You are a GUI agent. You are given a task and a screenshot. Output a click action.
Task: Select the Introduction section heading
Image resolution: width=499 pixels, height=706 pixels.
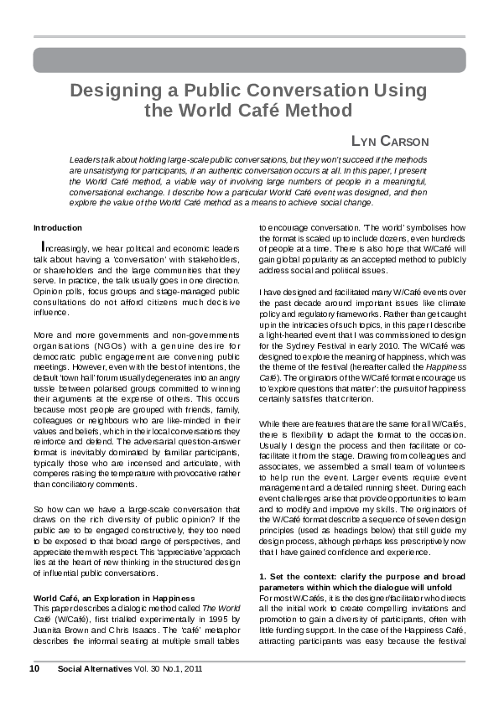click(57, 227)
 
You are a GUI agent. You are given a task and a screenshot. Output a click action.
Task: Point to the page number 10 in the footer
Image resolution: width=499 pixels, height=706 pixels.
click(34, 668)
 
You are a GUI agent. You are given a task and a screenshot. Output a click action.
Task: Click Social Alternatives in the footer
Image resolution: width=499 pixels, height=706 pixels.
click(91, 668)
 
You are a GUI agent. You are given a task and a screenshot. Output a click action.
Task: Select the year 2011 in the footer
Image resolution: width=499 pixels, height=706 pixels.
click(192, 668)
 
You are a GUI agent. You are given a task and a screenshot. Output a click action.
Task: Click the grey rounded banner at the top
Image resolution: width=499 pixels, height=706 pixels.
click(249, 60)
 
